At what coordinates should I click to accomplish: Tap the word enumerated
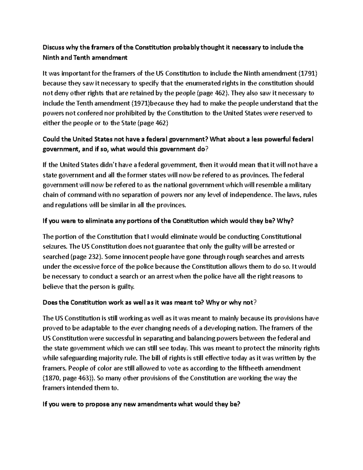207,83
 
